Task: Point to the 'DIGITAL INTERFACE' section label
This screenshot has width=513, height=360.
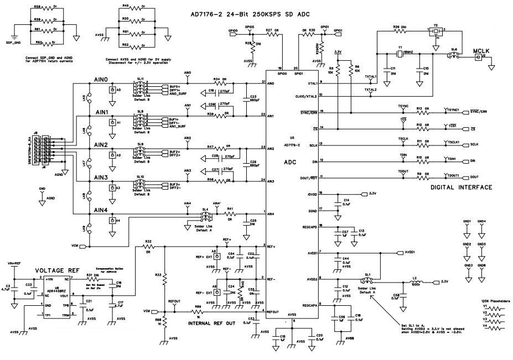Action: [x=461, y=188]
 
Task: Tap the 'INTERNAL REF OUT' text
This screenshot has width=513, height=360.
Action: [x=215, y=322]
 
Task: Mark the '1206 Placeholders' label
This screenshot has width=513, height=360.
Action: [x=496, y=301]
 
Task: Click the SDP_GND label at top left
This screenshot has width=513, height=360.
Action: [x=13, y=43]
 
